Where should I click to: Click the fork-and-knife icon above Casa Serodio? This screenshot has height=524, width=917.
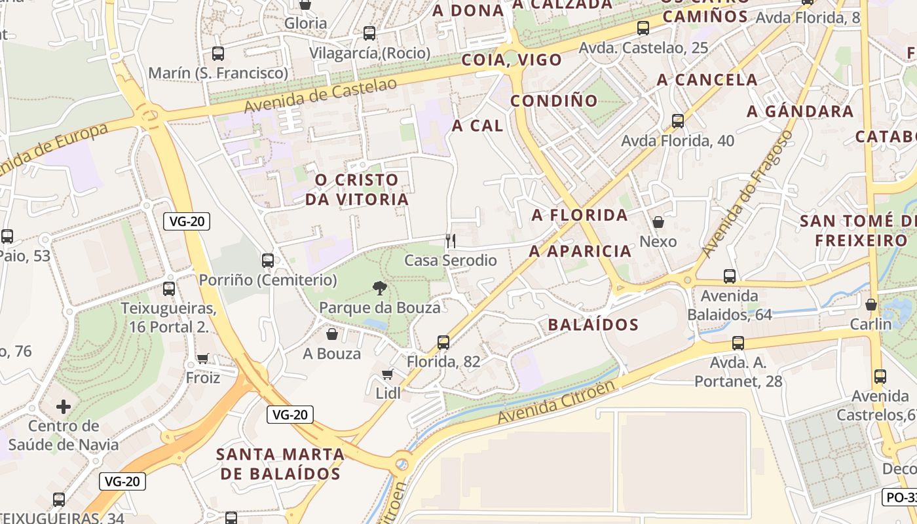(x=450, y=240)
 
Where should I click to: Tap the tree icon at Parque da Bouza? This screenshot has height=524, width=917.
(x=379, y=288)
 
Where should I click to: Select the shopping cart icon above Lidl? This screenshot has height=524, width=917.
(x=387, y=374)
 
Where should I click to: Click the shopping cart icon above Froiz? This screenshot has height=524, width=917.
(x=202, y=358)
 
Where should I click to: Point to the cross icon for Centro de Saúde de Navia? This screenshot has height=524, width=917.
(x=63, y=407)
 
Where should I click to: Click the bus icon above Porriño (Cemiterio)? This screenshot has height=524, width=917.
(x=267, y=261)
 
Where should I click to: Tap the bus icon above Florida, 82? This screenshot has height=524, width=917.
(x=443, y=342)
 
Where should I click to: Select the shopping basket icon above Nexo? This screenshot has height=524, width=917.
(x=658, y=222)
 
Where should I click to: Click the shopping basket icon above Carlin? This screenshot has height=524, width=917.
(x=870, y=305)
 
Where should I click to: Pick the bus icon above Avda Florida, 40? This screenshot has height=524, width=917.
(x=677, y=121)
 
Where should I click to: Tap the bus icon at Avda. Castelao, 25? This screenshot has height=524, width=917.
(x=643, y=28)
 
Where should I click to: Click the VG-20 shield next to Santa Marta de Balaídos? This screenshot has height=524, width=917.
(x=290, y=414)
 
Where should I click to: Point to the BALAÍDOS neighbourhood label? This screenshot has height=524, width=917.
(x=593, y=324)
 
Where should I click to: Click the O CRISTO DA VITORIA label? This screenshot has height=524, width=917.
(x=356, y=189)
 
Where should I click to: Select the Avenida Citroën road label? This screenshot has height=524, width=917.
(x=556, y=401)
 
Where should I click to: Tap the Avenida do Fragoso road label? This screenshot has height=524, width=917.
(x=746, y=194)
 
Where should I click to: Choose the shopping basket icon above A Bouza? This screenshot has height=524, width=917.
(x=332, y=335)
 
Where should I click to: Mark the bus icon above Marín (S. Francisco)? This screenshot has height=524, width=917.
(x=218, y=54)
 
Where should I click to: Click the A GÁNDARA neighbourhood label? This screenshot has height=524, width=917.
(x=800, y=111)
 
